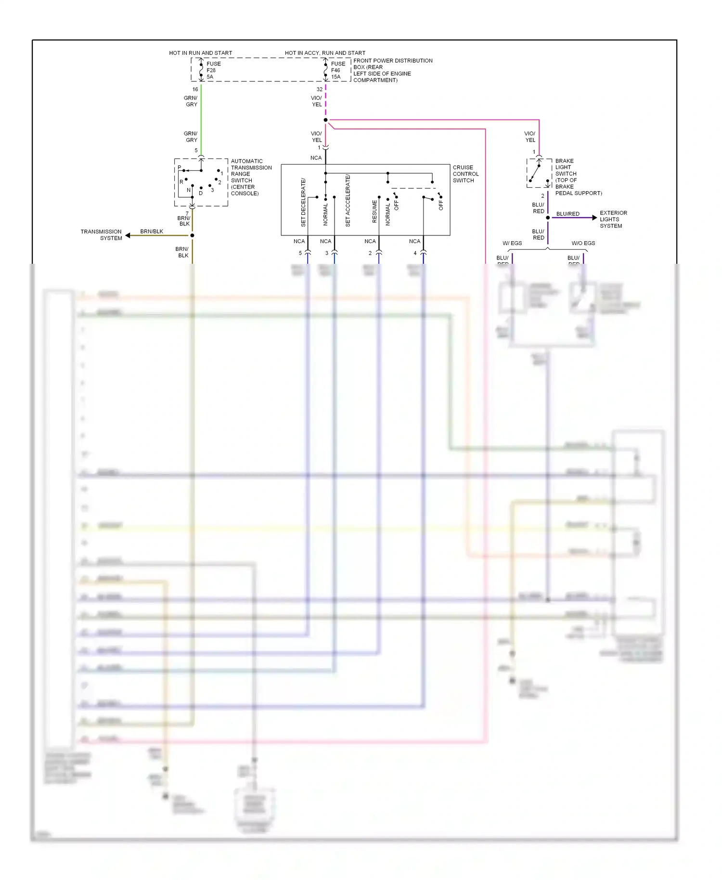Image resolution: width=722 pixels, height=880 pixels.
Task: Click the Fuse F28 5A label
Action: [x=213, y=70]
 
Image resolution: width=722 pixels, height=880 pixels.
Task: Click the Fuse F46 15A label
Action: [x=337, y=70]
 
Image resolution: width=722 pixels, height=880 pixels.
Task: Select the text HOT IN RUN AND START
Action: [x=200, y=53]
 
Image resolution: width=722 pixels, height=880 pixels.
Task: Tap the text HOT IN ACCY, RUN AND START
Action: [x=325, y=53]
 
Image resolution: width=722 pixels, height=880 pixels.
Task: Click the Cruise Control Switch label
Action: [x=465, y=174]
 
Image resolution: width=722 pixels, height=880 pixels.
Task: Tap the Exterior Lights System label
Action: [x=613, y=219]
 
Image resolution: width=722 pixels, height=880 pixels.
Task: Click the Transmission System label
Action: [x=101, y=235]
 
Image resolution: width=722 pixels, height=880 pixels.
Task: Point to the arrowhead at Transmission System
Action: [x=128, y=235]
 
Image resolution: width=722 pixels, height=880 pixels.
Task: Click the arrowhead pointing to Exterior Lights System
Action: [x=594, y=218]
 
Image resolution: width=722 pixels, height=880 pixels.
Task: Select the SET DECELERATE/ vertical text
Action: [x=303, y=202]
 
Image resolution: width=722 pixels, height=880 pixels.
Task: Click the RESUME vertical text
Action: [x=374, y=211]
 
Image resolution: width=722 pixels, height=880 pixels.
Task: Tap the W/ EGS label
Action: [x=512, y=243]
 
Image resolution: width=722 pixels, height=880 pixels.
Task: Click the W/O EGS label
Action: [x=583, y=243]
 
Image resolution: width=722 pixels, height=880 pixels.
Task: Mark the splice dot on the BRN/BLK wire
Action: [x=192, y=235]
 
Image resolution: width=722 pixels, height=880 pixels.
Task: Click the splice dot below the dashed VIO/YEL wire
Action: [x=326, y=120]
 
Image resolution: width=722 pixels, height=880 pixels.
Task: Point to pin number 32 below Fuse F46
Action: [x=319, y=90]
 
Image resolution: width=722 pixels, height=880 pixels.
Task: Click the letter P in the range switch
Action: [x=180, y=168]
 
